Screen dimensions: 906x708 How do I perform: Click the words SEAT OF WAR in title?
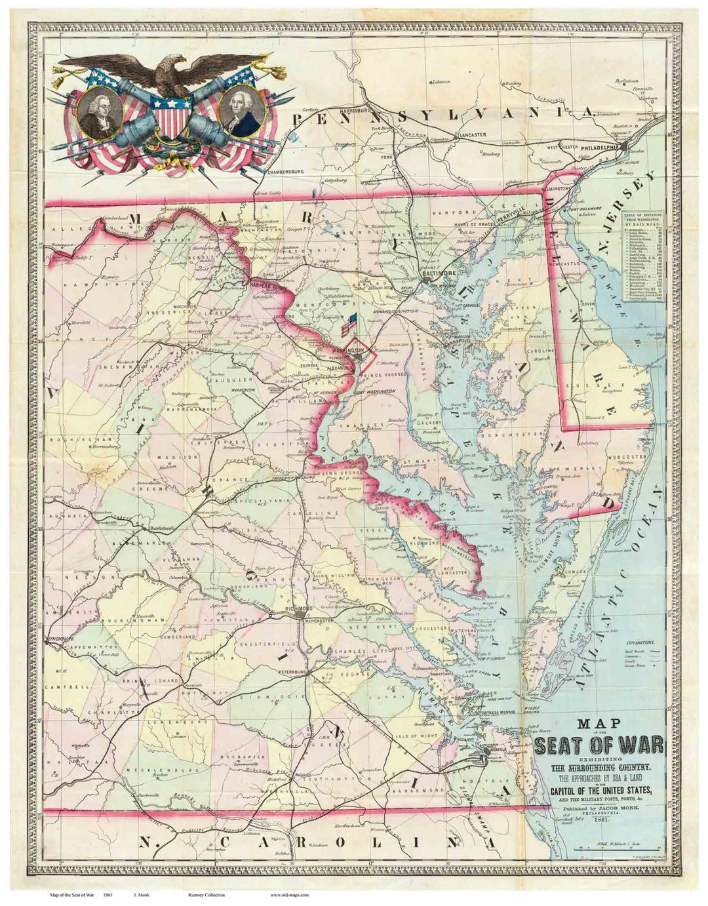(599, 745)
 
